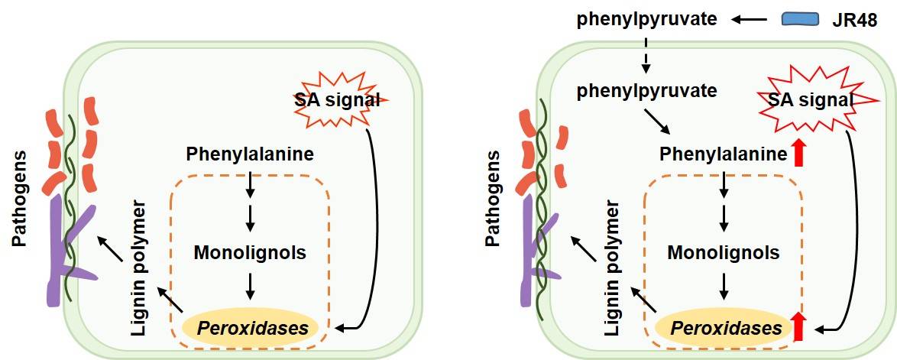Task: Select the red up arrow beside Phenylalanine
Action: [799, 153]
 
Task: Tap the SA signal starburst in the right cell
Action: [810, 100]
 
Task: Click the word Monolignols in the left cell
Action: [250, 251]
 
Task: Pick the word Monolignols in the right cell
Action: [724, 252]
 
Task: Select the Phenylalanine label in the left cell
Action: [250, 154]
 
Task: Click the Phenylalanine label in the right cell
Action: [724, 154]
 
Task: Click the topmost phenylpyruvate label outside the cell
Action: [646, 18]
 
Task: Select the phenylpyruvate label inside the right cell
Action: [646, 91]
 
